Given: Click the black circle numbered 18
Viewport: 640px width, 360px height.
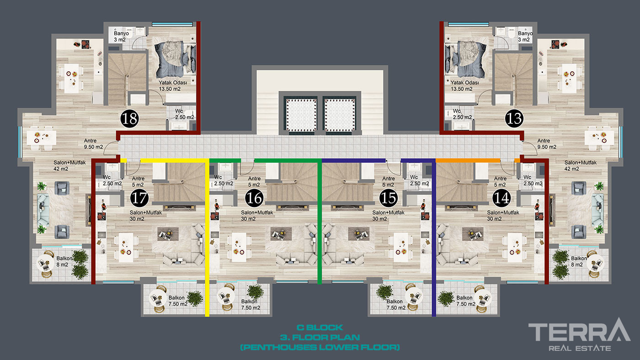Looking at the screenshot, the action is tap(130, 118).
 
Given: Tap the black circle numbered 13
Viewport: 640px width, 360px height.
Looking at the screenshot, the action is tap(514, 118).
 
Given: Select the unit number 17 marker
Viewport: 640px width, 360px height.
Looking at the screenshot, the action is tap(139, 198).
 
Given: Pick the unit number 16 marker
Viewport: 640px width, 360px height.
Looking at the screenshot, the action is tap(254, 198).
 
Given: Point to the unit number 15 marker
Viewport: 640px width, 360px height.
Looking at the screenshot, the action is tap(389, 198).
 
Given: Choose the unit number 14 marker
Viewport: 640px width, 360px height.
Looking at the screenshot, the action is tap(502, 198).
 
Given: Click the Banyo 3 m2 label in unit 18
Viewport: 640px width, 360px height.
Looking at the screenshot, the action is tap(121, 36).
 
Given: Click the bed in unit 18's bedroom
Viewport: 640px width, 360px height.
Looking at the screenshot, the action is tap(175, 59).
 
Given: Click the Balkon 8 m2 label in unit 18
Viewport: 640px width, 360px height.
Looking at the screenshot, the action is tap(64, 261).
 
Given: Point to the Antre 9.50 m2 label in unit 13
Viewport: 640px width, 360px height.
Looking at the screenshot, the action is tap(547, 144).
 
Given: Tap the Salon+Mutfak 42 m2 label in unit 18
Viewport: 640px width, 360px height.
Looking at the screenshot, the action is tap(69, 165).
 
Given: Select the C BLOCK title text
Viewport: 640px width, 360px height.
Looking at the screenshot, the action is tap(320, 328).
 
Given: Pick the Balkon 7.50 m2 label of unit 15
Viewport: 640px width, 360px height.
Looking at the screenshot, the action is tap(396, 305).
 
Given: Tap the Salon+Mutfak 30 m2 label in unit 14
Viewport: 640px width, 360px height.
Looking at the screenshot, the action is tap(503, 216).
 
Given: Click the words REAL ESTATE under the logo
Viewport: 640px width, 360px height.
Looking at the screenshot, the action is tap(580, 348).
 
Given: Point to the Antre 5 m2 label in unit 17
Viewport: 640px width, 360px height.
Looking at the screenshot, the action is tap(138, 181).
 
